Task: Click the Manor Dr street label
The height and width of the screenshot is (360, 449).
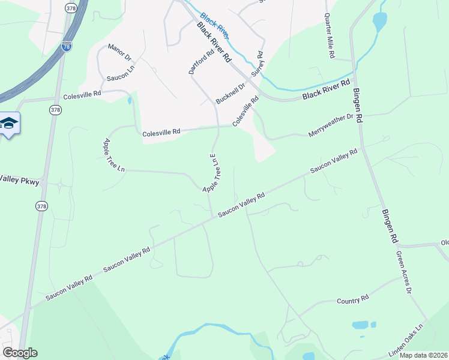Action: coord(119,52)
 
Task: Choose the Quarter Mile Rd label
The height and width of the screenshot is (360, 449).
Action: coord(328,35)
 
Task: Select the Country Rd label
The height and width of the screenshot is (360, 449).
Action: coord(352,299)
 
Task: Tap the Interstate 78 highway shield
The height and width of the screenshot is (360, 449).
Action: coord(67,46)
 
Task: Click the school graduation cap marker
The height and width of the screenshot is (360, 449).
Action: coord(10,124)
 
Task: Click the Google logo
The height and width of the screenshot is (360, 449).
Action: coord(20,353)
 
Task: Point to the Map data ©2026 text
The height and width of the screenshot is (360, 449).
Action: coord(423,355)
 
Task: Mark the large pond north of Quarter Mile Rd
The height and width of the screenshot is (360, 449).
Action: coord(379,22)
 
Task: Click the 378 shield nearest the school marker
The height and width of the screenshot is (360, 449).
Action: coord(55,110)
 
